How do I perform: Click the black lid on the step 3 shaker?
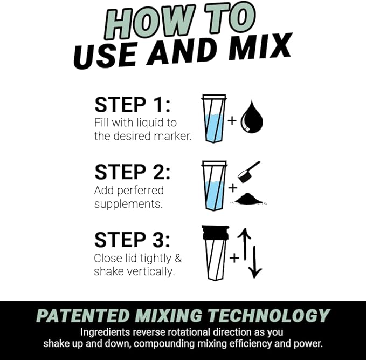click(215, 232)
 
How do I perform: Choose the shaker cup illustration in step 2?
click(213, 186)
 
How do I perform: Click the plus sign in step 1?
click(232, 120)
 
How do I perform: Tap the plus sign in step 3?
click(234, 258)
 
